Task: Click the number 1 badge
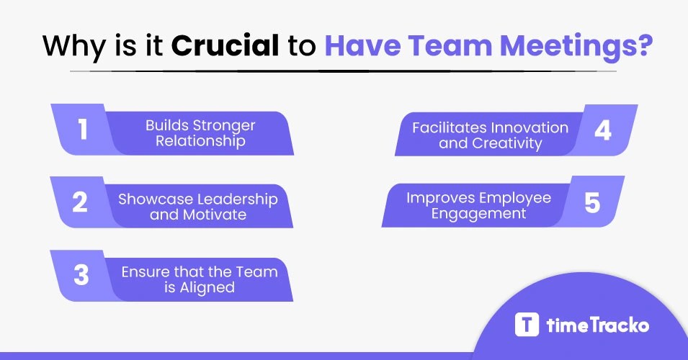point(82,130)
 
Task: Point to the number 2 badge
point(80,202)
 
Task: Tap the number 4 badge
point(603,130)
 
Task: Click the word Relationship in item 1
point(200,142)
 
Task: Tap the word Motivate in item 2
point(214,214)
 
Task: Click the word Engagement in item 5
point(479,214)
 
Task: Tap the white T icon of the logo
point(527,324)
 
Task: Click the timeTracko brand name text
point(597,325)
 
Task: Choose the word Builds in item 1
point(164,126)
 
